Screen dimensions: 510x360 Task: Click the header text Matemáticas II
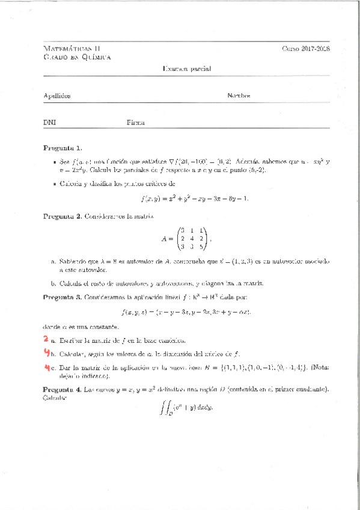click(x=71, y=48)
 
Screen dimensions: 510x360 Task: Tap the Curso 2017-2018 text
click(x=306, y=48)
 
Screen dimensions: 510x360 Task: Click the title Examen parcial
click(x=186, y=69)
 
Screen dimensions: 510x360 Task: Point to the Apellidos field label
click(x=57, y=96)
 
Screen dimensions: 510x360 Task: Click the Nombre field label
click(x=239, y=96)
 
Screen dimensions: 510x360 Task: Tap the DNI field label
click(x=49, y=122)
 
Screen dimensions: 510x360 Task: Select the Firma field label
click(x=135, y=122)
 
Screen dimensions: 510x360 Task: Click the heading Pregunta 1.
click(x=63, y=148)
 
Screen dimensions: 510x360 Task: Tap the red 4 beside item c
click(x=46, y=367)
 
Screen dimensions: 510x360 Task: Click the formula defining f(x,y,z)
click(x=186, y=312)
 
